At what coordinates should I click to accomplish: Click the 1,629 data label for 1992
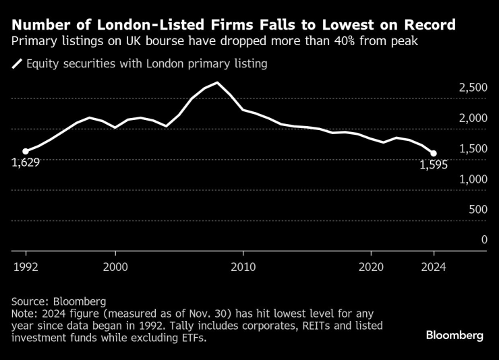(x=26, y=162)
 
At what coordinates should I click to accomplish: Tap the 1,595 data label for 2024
(x=434, y=165)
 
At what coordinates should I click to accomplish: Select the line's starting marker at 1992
(x=26, y=152)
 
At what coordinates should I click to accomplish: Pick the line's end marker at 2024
(x=434, y=154)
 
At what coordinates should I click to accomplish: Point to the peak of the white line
(x=217, y=83)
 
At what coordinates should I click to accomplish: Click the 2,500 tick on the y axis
(x=469, y=88)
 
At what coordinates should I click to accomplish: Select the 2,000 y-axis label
(x=469, y=118)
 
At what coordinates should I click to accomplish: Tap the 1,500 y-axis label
(x=469, y=148)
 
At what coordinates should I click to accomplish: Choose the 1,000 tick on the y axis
(x=469, y=179)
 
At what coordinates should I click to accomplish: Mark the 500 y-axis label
(x=475, y=209)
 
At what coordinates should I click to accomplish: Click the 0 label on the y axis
(x=483, y=239)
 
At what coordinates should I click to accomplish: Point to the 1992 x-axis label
(x=26, y=266)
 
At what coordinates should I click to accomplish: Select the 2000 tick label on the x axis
(x=115, y=266)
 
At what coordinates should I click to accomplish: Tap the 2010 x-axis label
(x=243, y=266)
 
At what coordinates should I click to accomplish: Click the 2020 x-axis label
(x=371, y=266)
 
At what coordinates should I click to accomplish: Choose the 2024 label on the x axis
(x=434, y=266)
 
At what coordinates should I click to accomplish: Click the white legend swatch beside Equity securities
(x=17, y=65)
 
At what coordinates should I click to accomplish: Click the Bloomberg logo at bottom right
(x=454, y=336)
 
